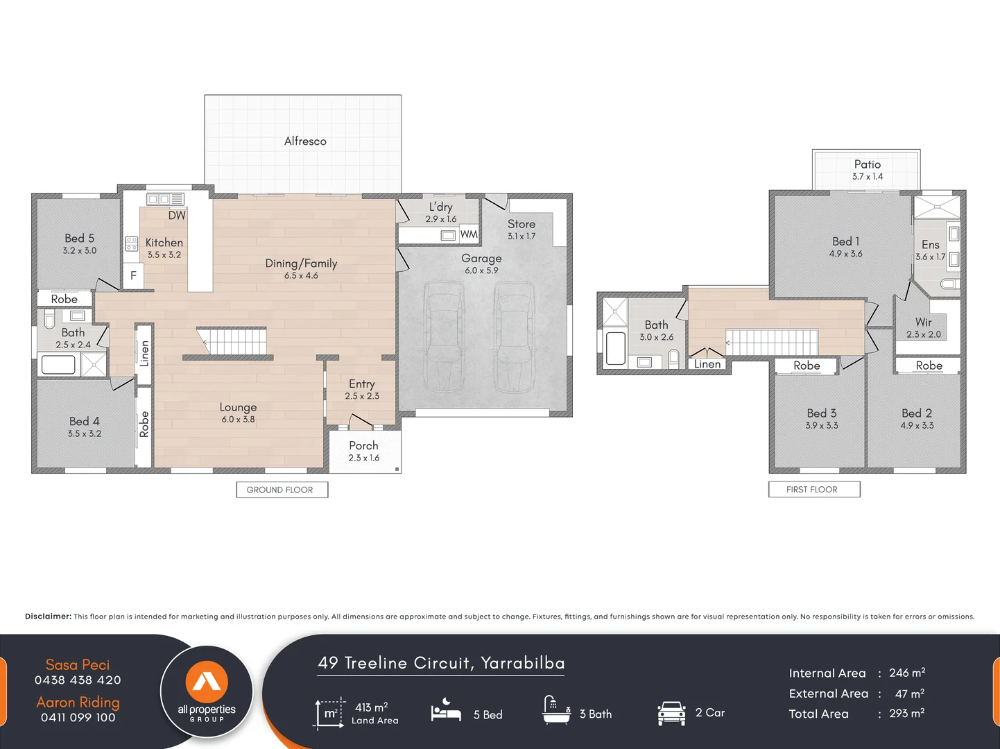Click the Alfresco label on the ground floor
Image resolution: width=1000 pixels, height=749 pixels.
tap(305, 141)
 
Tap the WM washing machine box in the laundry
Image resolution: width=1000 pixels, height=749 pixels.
tap(469, 234)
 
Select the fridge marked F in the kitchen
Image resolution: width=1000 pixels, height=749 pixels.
tap(133, 275)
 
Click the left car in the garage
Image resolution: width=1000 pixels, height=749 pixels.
tap(444, 336)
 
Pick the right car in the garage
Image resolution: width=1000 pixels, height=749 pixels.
tap(514, 336)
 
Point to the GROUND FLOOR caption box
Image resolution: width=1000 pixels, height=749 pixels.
tap(281, 490)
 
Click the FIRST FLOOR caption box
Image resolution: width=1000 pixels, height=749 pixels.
tap(813, 490)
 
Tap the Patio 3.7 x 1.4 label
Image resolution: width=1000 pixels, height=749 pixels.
tap(867, 170)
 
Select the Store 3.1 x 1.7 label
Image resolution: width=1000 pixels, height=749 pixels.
tap(521, 230)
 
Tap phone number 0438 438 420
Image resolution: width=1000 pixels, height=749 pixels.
tap(78, 680)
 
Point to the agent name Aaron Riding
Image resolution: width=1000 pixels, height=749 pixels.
tap(78, 703)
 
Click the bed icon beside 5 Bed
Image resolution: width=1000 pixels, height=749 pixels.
tap(446, 712)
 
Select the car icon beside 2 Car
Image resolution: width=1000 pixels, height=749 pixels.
tap(671, 713)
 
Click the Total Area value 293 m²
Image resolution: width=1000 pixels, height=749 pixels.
tap(906, 714)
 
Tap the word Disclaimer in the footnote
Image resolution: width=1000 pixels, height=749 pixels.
tap(48, 617)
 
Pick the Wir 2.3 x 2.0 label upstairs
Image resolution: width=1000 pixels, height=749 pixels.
tap(923, 328)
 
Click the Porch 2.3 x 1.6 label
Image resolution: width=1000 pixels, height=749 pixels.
tap(364, 451)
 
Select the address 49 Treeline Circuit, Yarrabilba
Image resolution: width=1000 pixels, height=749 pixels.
tap(441, 664)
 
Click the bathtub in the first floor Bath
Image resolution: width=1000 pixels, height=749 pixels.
tap(615, 348)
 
